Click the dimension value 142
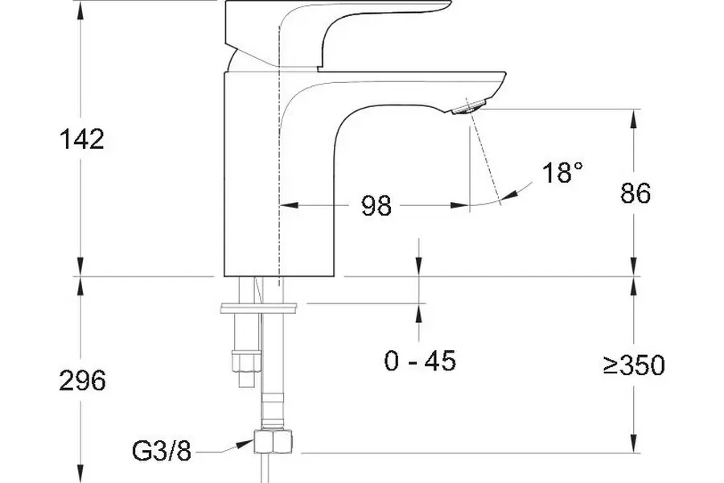82,138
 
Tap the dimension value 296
82,381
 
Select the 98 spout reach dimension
376,205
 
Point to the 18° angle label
562,172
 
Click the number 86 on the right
636,192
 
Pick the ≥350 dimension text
634,365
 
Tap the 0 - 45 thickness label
420,361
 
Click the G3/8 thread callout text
161,451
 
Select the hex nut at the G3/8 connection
273,441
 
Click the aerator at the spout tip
467,108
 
